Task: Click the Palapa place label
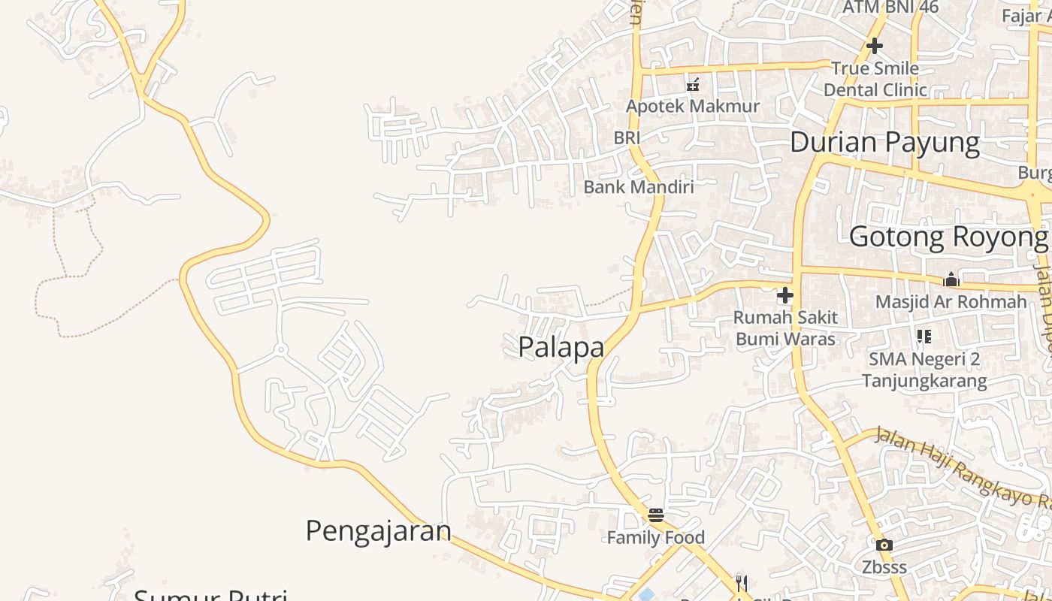(561, 347)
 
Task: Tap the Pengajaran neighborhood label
(378, 531)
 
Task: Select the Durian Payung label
(884, 142)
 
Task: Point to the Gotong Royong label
(948, 237)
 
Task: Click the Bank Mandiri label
(639, 187)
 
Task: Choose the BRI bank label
(627, 137)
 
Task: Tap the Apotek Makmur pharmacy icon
(693, 85)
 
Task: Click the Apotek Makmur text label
(693, 106)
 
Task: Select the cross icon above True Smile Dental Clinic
(874, 46)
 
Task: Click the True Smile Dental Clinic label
(875, 79)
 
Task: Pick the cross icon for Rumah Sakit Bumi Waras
(785, 295)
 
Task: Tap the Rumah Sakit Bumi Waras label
(785, 328)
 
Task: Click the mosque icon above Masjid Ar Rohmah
(951, 280)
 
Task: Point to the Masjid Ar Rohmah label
(951, 302)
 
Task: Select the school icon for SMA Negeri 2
(924, 337)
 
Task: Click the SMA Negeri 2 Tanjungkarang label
(924, 370)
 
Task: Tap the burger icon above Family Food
(656, 515)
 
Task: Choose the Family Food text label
(656, 537)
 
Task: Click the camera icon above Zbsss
(884, 545)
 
